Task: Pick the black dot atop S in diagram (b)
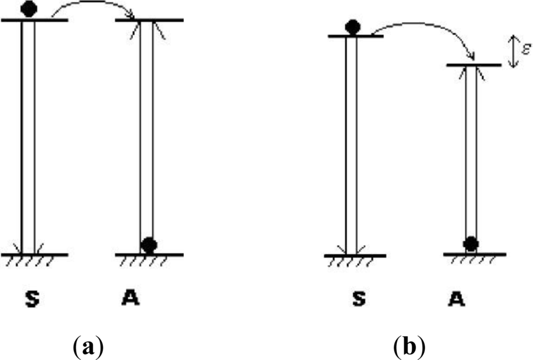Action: point(353,27)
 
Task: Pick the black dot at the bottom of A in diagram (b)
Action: point(471,243)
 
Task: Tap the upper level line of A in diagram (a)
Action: point(161,20)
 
